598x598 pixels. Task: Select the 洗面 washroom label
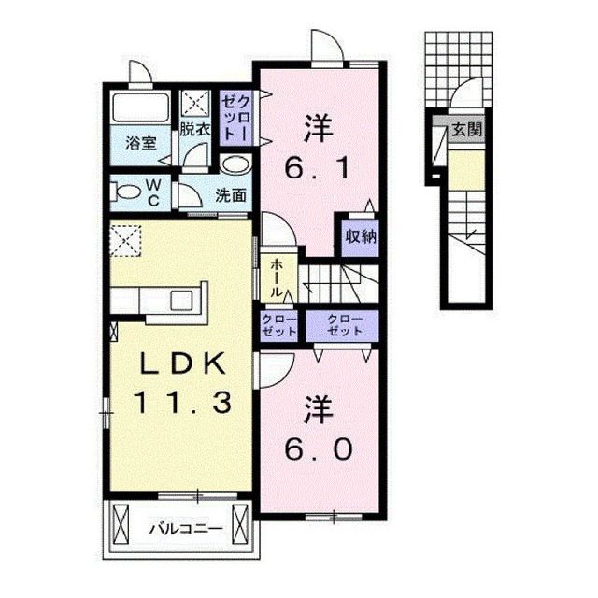coord(231,195)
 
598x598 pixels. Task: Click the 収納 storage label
coord(359,236)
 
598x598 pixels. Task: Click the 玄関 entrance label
coord(467,131)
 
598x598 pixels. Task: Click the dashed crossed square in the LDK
coord(124,239)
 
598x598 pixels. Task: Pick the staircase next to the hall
coord(337,280)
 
